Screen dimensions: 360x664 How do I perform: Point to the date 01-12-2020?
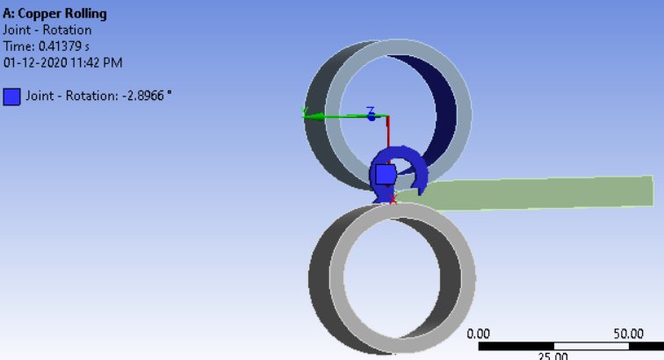(x=33, y=62)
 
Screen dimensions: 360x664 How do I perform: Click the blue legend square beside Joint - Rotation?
(x=12, y=96)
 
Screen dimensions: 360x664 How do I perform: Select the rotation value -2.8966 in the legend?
(x=142, y=95)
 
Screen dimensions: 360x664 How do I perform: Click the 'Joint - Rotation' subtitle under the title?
(x=47, y=30)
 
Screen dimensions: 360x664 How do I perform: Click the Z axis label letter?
(x=371, y=111)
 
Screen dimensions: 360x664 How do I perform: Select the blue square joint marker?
(x=386, y=174)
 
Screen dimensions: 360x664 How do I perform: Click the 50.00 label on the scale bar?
(x=628, y=334)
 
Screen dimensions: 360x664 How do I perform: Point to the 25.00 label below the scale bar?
(x=553, y=356)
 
